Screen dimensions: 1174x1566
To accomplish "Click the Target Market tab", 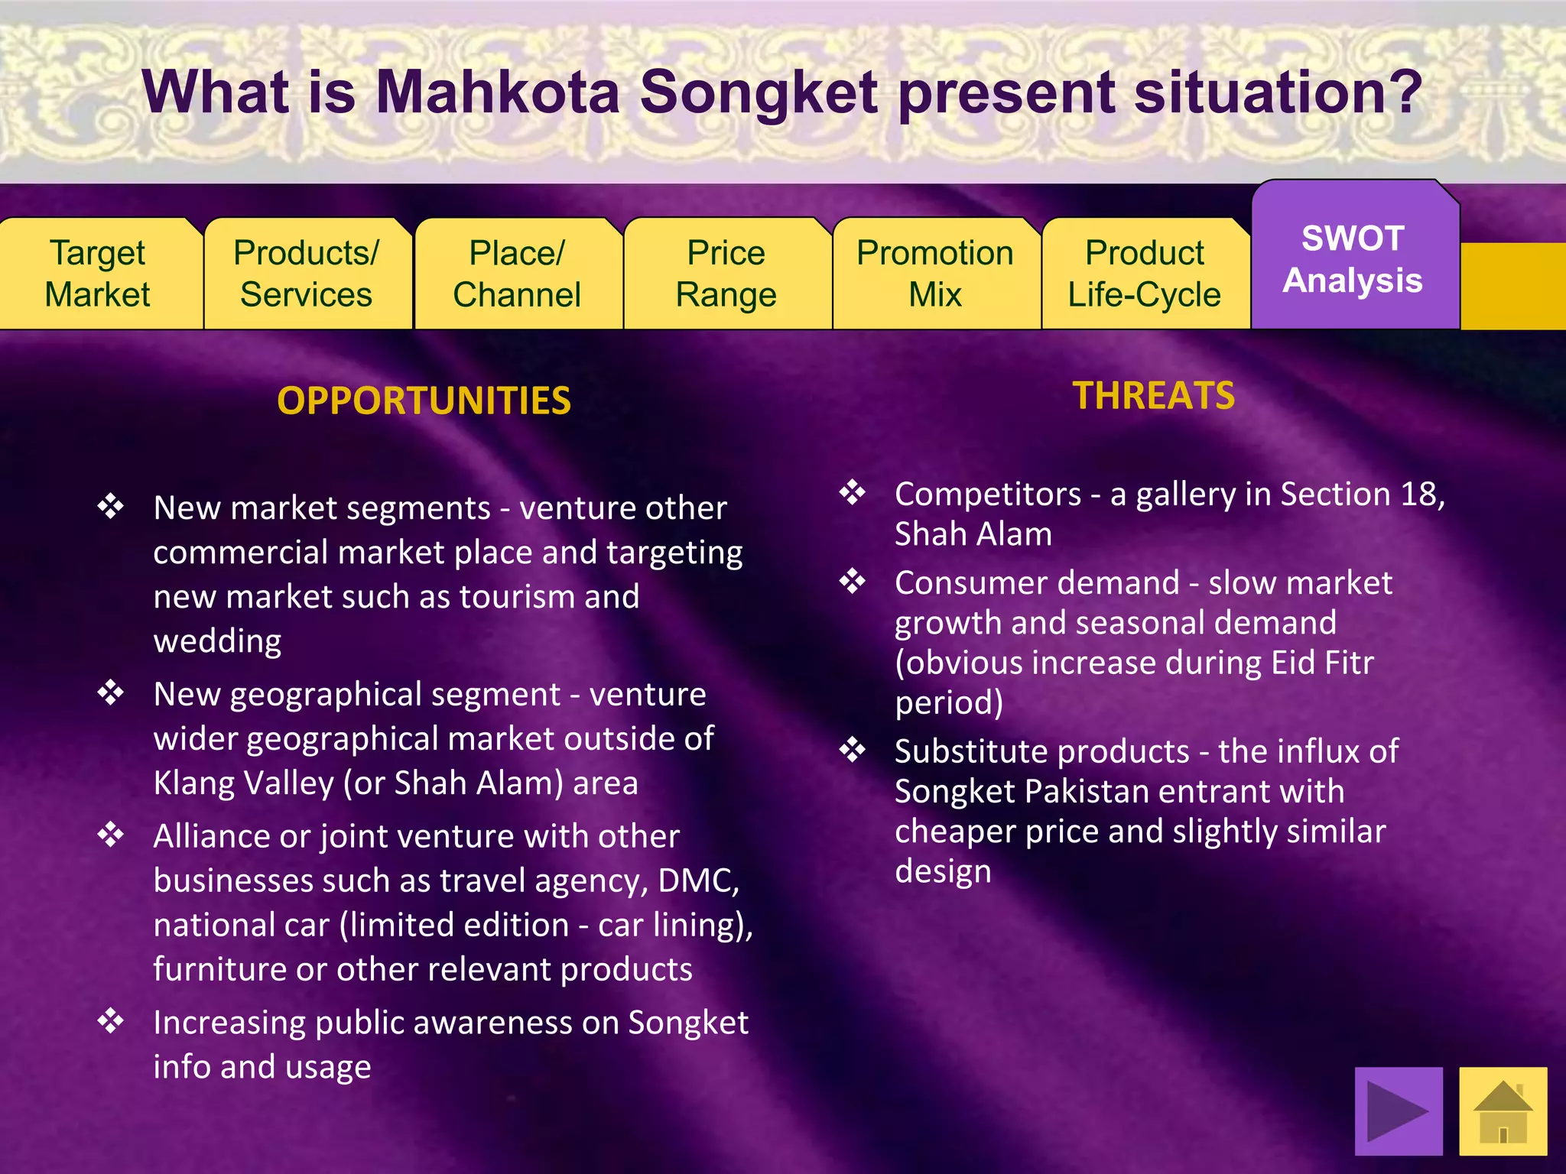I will click(x=98, y=274).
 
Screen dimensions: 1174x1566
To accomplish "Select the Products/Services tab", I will click(x=306, y=274).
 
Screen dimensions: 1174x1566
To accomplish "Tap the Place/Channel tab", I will click(x=517, y=274).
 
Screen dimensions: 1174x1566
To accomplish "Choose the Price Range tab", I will click(x=726, y=274).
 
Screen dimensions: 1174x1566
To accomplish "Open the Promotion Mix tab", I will click(x=934, y=274).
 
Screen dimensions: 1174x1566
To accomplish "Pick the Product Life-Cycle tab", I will click(x=1144, y=274).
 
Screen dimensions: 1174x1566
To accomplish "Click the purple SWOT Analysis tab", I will click(x=1353, y=259).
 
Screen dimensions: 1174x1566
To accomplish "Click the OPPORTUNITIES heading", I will click(x=424, y=401).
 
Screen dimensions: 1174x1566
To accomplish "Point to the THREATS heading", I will click(x=1153, y=396).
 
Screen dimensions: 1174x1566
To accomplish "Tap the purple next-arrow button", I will click(x=1398, y=1111).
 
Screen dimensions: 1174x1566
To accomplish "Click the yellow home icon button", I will click(x=1503, y=1111).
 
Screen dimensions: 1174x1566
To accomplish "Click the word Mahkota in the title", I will click(x=497, y=92).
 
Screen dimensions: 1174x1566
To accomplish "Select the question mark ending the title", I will click(x=1405, y=92).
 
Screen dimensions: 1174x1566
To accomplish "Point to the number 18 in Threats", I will click(x=1418, y=495).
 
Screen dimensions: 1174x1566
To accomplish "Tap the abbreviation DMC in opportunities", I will click(x=697, y=880).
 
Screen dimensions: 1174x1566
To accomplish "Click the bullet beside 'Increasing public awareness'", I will click(x=111, y=1021).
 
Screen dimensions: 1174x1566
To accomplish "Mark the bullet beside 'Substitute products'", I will click(x=853, y=751).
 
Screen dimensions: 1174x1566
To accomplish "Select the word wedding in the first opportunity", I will click(x=217, y=641).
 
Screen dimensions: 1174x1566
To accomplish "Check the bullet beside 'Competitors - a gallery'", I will click(x=853, y=493).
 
